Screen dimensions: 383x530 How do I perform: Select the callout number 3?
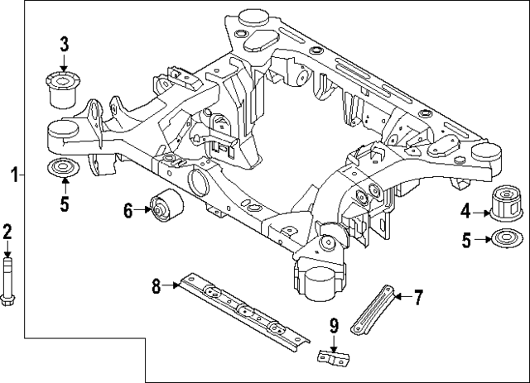64,44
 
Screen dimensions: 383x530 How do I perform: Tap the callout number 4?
465,210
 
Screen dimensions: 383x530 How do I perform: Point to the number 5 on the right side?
466,241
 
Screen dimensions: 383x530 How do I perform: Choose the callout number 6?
128,211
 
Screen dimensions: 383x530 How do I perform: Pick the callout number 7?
418,294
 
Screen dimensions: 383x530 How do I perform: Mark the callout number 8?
155,286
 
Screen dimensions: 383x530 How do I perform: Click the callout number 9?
333,325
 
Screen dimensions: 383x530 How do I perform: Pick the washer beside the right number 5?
505,241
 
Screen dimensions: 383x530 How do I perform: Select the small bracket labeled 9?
333,359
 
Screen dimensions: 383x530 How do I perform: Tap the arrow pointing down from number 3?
64,62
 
